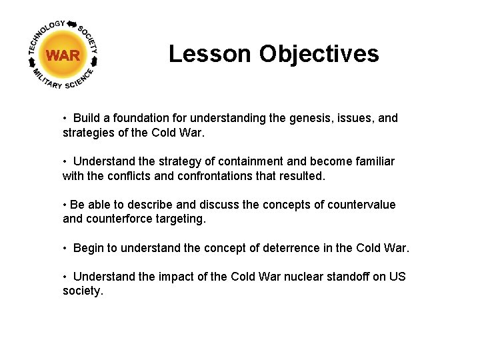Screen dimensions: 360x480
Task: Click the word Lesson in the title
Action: click(x=210, y=54)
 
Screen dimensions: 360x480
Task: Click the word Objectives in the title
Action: click(x=319, y=54)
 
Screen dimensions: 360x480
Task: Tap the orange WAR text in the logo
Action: click(x=63, y=56)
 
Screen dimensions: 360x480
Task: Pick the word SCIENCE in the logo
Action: click(x=81, y=78)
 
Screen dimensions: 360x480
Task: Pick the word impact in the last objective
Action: click(x=175, y=277)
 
